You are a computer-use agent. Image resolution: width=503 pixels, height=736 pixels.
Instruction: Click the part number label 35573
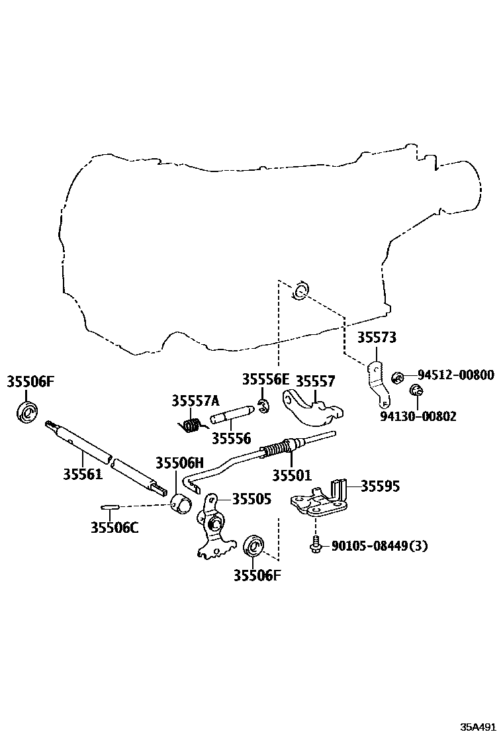377,338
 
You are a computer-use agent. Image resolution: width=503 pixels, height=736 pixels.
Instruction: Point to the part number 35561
83,474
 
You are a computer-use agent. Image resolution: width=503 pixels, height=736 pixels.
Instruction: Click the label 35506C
114,528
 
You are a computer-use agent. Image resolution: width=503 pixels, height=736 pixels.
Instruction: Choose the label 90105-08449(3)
379,546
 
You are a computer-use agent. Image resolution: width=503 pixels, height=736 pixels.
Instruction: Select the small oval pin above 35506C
109,508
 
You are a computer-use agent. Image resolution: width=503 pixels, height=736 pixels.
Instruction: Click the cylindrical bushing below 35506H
181,503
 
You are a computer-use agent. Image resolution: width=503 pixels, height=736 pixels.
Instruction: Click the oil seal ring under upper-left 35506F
27,412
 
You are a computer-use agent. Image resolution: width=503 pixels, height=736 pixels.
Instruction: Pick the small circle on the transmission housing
300,290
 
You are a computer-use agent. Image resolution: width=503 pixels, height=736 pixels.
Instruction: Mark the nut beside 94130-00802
415,391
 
